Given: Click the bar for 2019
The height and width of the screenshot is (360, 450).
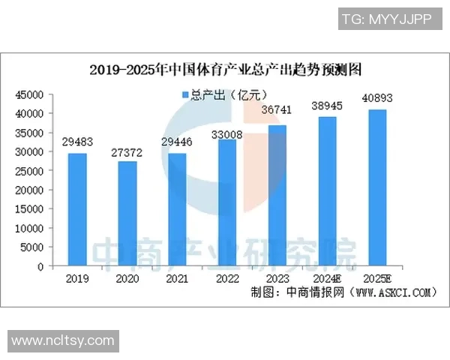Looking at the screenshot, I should coord(77,210).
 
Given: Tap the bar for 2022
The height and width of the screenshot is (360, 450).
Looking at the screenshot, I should coord(227,202).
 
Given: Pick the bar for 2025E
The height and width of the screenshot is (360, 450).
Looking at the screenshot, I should coord(377,187).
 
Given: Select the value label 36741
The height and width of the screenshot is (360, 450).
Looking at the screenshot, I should coord(277,109).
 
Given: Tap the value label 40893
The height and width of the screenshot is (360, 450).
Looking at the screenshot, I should coord(377,97).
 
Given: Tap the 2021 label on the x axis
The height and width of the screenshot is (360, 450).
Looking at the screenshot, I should coord(177,278).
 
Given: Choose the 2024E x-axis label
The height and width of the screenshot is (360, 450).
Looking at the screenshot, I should coord(327,278).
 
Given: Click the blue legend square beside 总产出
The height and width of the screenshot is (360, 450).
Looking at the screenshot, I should coord(185,94).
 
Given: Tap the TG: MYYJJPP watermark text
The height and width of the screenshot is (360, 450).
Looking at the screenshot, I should coord(386,19).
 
